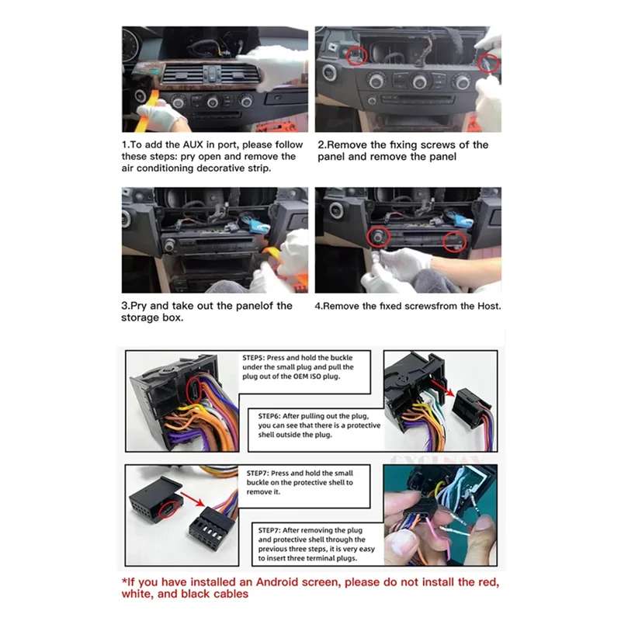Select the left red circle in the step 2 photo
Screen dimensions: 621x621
tap(356, 54)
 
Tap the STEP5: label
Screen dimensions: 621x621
tap(258, 358)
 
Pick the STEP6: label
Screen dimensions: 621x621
tap(274, 416)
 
